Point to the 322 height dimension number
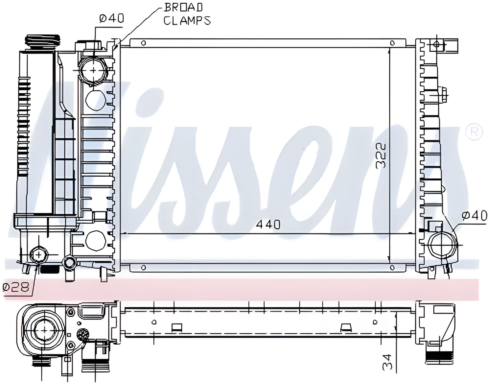coord(381,155)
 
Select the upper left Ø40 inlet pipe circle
coord(94,70)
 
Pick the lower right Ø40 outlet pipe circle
coord(442,245)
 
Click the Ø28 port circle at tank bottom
coord(39,254)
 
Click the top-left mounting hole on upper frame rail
coord(143,43)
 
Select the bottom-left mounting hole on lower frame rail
coord(143,267)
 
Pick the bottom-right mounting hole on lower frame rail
coord(392,267)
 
